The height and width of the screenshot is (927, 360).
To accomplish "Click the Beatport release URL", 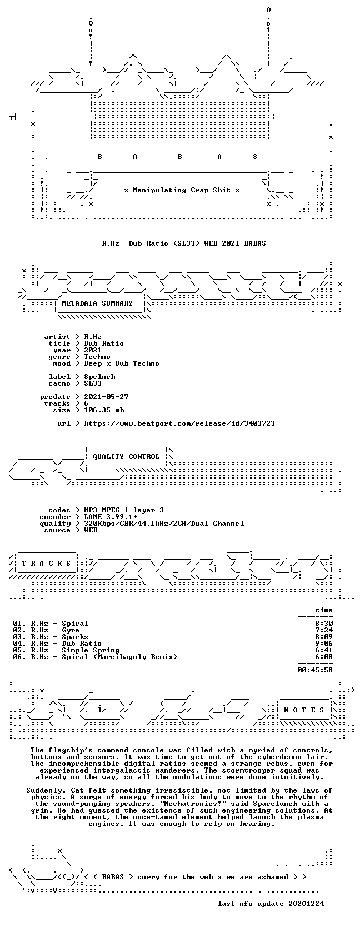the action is (x=179, y=423).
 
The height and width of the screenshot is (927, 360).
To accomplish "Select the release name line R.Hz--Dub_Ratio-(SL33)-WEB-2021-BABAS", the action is (x=184, y=243).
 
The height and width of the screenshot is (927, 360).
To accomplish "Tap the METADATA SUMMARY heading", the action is (x=97, y=303).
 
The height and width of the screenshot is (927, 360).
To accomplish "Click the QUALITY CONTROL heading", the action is (x=126, y=457).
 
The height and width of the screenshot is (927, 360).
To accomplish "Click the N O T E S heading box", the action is (x=304, y=710).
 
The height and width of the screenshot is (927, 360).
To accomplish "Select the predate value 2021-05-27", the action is (x=106, y=397).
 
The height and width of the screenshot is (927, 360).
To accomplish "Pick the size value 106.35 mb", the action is (x=104, y=410).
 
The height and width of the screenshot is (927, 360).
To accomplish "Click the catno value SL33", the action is (x=93, y=383).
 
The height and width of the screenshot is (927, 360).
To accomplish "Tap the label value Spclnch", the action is (x=100, y=377).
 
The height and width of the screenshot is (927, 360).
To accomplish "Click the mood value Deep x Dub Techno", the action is (x=122, y=363).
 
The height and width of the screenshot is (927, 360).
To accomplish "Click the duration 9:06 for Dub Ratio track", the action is (x=323, y=644).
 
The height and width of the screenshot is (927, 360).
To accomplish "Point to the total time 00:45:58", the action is (x=315, y=670).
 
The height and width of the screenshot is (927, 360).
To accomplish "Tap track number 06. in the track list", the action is (x=19, y=657).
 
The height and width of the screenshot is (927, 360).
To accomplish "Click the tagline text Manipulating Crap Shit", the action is (x=182, y=191).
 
